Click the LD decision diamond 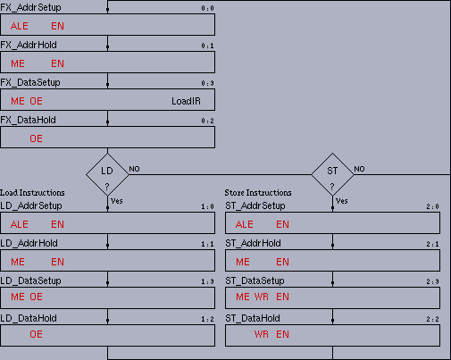click(107, 174)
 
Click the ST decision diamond click(332, 174)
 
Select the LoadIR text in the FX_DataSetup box click(186, 101)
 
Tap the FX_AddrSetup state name click(30, 7)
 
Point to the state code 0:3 click(207, 83)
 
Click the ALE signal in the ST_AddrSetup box click(245, 224)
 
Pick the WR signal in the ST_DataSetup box click(262, 297)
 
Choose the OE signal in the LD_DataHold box click(36, 334)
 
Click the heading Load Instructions click(32, 193)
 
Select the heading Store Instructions click(258, 193)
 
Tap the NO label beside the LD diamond click(134, 169)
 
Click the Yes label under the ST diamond click(342, 201)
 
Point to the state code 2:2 click(432, 319)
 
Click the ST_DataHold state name click(253, 318)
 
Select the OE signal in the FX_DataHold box click(36, 138)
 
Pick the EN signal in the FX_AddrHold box click(57, 63)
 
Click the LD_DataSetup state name click(30, 280)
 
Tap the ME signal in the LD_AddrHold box click(18, 262)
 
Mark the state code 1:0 click(207, 206)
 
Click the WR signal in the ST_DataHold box click(262, 334)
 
